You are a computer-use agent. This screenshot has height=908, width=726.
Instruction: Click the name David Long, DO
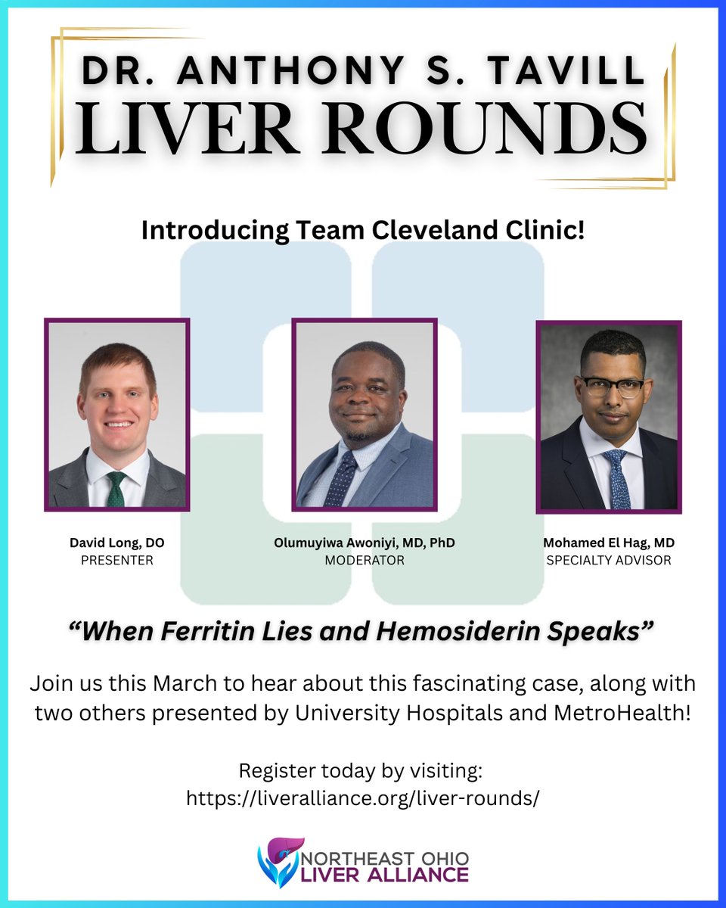point(116,544)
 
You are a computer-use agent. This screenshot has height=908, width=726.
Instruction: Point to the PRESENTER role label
point(116,560)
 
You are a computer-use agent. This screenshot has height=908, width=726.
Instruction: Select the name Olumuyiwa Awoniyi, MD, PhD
point(364,544)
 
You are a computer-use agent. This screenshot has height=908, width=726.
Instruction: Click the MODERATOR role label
point(364,560)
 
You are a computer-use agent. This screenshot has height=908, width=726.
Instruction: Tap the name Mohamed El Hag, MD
point(608,544)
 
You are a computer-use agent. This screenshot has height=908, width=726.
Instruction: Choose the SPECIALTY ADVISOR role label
point(608,560)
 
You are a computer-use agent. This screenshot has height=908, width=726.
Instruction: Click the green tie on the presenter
point(116,489)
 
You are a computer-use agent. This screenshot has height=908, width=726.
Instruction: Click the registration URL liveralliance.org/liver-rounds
point(363,799)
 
